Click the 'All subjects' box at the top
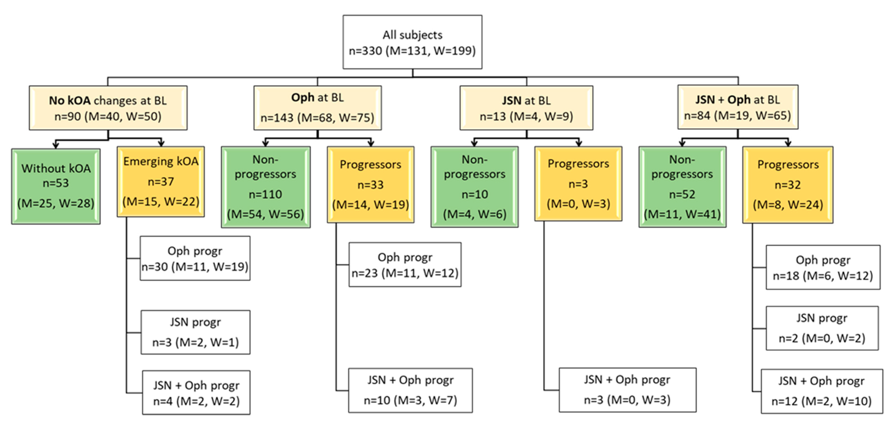coord(412,42)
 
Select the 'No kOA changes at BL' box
coord(108,108)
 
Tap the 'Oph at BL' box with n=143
coord(318,108)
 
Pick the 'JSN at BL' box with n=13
coord(526,108)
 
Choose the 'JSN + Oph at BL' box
coord(738,107)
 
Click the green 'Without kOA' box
coord(56,186)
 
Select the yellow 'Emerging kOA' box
coord(161,181)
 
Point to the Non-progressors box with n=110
coord(266,187)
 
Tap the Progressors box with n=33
coord(370,185)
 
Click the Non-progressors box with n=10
coord(474,187)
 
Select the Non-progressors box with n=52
coord(682,187)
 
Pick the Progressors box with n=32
coord(788,185)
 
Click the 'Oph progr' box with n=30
coord(195,258)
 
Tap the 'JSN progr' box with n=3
coord(195,332)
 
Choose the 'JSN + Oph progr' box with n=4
coord(196,393)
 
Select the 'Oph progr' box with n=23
coord(405,265)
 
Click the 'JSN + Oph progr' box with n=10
coord(410,390)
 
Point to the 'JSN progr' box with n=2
coord(822,328)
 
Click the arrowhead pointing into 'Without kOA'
coord(56,145)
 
